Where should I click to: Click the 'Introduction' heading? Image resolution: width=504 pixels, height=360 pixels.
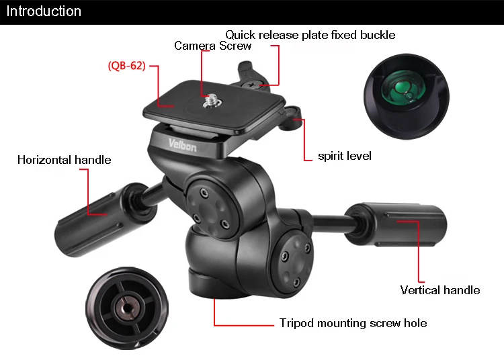click(x=44, y=11)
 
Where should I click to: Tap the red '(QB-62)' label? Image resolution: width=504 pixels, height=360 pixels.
click(x=126, y=66)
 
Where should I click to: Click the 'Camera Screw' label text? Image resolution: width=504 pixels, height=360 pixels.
click(x=212, y=46)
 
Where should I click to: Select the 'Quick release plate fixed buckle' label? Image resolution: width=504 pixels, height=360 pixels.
click(x=310, y=34)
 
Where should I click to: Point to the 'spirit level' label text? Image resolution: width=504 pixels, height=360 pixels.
click(x=345, y=156)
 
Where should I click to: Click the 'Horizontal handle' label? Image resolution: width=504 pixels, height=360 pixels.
click(x=64, y=160)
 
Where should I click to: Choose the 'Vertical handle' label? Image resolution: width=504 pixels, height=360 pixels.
click(x=439, y=290)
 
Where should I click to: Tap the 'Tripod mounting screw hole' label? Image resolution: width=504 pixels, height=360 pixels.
click(x=353, y=323)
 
